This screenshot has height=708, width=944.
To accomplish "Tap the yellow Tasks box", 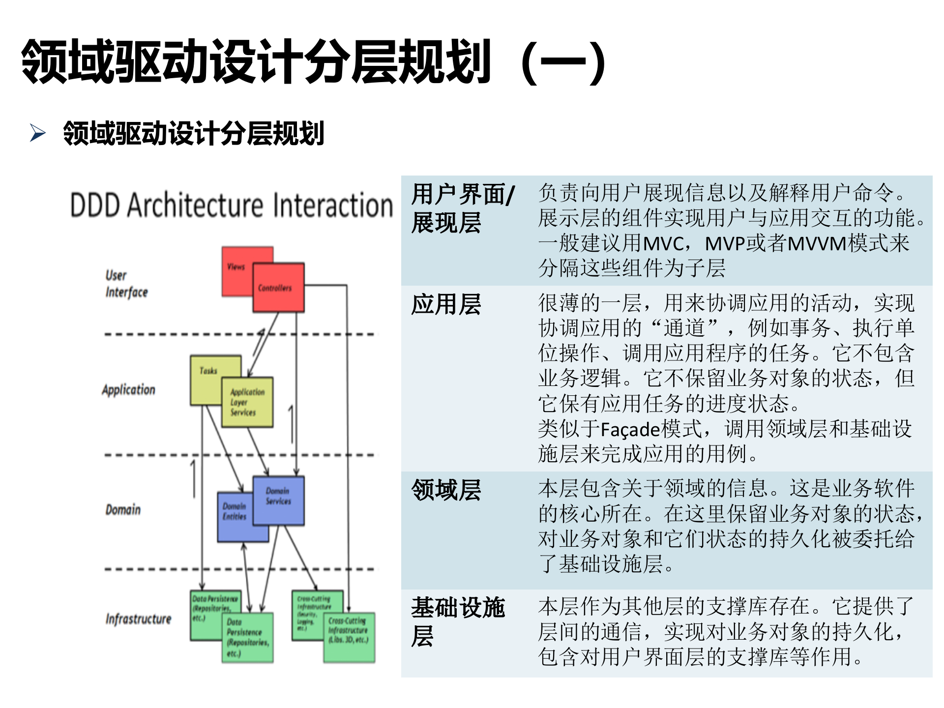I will click(x=208, y=374).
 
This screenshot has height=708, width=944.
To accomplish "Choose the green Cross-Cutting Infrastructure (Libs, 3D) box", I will click(x=349, y=637).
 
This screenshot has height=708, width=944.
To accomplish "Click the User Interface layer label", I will click(x=126, y=284).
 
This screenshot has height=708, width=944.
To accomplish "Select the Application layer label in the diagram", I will click(x=128, y=390).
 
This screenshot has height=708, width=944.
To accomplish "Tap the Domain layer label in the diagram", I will click(x=123, y=510).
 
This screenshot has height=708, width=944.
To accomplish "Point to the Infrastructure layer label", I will click(x=138, y=619).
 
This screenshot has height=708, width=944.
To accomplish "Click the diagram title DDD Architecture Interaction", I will click(x=231, y=206).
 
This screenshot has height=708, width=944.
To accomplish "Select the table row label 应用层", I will click(x=446, y=304).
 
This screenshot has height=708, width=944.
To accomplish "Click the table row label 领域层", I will click(x=446, y=490).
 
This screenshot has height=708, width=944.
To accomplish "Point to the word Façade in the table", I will click(x=630, y=430).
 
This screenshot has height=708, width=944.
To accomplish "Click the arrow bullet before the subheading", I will click(x=37, y=133).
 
